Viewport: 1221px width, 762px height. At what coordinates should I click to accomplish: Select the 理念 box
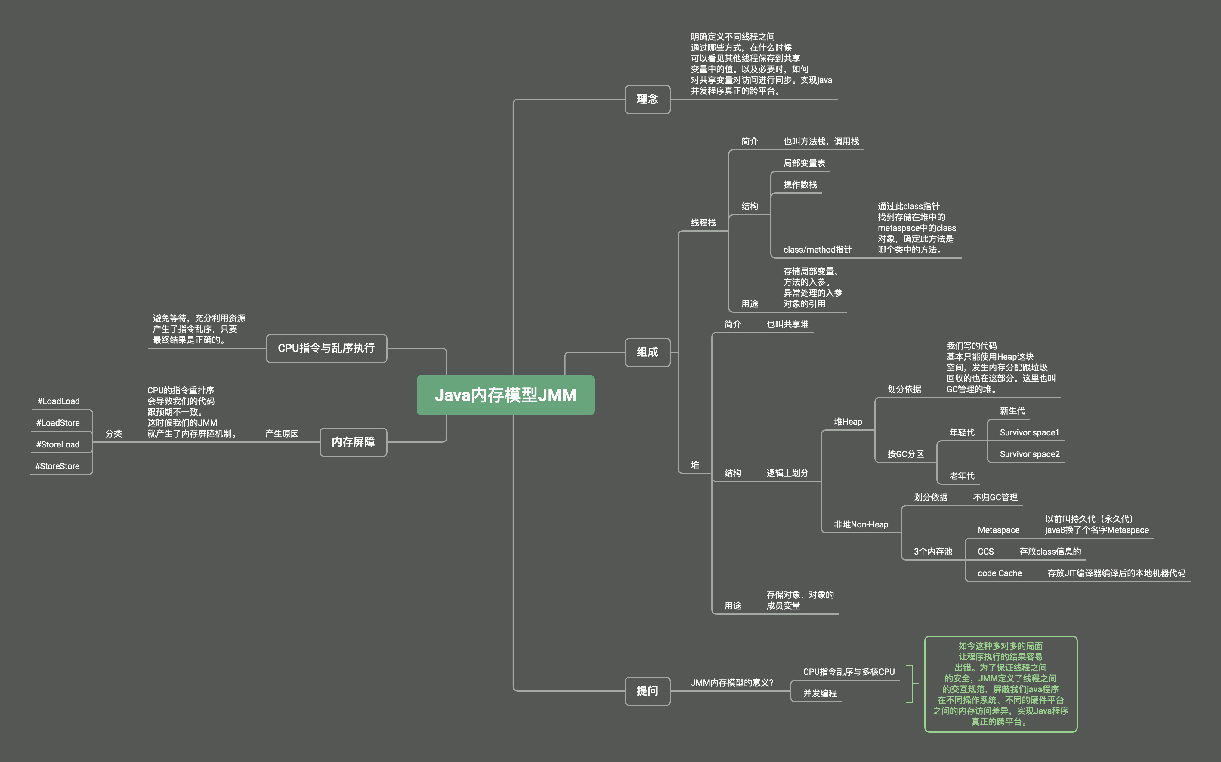tap(647, 99)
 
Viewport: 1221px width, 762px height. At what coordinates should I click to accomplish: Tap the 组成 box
tap(647, 352)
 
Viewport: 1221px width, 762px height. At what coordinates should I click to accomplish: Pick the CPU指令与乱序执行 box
tap(326, 348)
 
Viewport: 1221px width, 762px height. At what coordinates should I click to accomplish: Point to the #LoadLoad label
tap(58, 401)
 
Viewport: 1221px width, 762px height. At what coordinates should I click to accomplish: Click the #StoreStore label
tap(57, 466)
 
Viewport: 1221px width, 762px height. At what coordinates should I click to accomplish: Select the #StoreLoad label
tap(58, 444)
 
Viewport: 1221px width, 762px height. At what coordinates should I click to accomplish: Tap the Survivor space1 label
tap(1029, 432)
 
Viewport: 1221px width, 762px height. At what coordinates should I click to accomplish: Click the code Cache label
tap(1000, 573)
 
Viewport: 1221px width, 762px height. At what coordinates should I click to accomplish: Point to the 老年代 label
tap(962, 476)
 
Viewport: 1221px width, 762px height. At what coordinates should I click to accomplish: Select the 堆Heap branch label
tap(848, 422)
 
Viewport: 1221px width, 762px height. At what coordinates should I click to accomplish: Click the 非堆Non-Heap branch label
tap(861, 525)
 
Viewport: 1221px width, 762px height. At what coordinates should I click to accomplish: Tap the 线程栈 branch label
tap(703, 223)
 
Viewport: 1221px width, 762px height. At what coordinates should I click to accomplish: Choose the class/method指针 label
tap(817, 250)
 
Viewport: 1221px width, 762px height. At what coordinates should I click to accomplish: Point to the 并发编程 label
tap(820, 693)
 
